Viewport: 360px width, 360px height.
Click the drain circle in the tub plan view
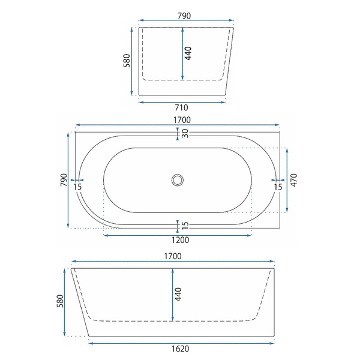tap(178, 180)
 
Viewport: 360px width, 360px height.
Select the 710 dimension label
tap(181, 107)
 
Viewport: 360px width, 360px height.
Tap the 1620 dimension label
tap(181, 349)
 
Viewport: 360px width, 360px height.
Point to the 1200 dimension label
tap(181, 240)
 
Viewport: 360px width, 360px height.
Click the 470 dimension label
tap(294, 180)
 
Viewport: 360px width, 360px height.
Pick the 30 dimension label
tap(185, 134)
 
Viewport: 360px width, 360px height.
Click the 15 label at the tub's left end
tap(77, 187)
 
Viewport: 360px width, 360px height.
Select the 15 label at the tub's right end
tap(278, 187)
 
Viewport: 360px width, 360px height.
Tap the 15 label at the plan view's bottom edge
tap(185, 226)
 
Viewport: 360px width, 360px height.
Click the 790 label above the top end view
tap(184, 16)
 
